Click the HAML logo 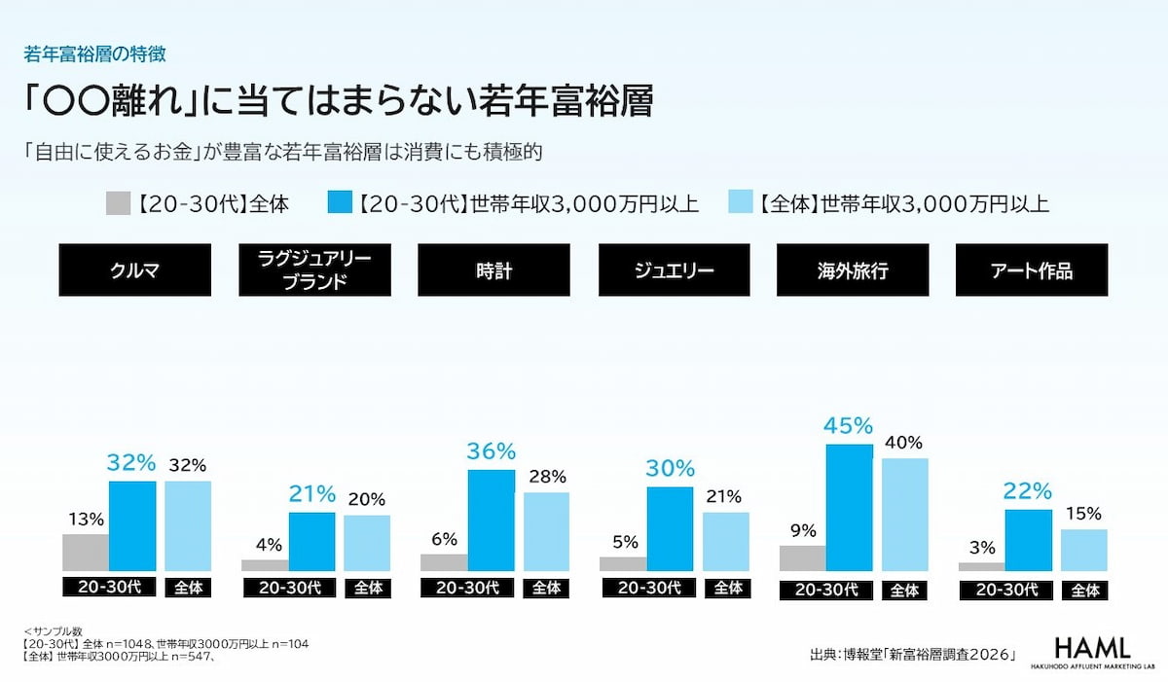(x=1092, y=652)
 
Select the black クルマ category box (x=135, y=269)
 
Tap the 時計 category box (x=493, y=269)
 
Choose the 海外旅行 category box (x=853, y=269)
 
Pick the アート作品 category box (x=1032, y=269)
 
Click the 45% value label (x=849, y=426)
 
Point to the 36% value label (x=492, y=451)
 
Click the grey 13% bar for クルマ (x=86, y=553)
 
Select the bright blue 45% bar (x=850, y=508)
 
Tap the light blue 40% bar (x=904, y=515)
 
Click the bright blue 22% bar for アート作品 (x=1029, y=540)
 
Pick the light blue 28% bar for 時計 (x=546, y=531)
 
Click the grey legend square (x=119, y=203)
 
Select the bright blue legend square (x=340, y=201)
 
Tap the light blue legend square (x=741, y=201)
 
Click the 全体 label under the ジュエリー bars (x=727, y=588)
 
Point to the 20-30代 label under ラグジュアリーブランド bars (x=290, y=588)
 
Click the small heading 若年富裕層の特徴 (x=95, y=54)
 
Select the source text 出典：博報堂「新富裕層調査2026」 (x=913, y=654)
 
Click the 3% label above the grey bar (x=982, y=548)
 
